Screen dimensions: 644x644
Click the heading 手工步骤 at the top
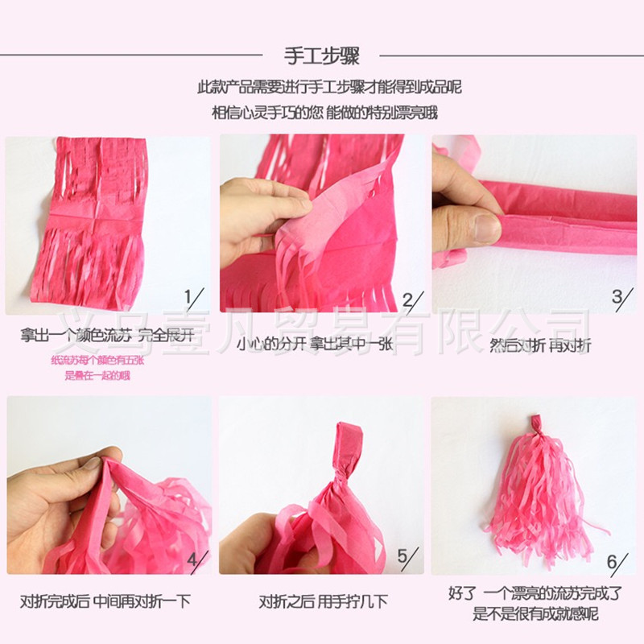coord(322,56)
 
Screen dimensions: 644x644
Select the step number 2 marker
coord(410,301)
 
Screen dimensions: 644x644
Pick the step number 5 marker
coord(408,558)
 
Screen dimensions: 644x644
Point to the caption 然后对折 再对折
coord(540,345)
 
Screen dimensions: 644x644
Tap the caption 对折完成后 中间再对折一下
coord(105,601)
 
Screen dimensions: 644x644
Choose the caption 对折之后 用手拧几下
coord(323,601)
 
